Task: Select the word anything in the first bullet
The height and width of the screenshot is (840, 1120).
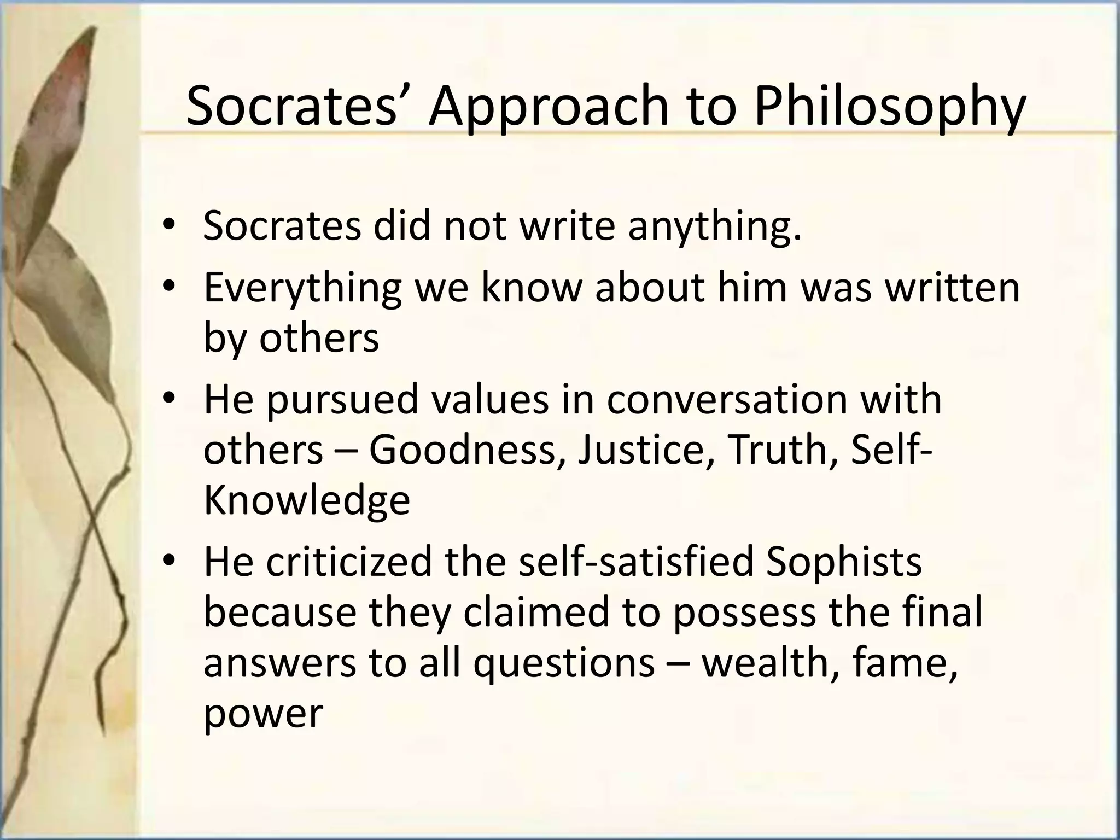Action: [714, 226]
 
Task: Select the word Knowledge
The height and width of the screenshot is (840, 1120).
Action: [307, 500]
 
